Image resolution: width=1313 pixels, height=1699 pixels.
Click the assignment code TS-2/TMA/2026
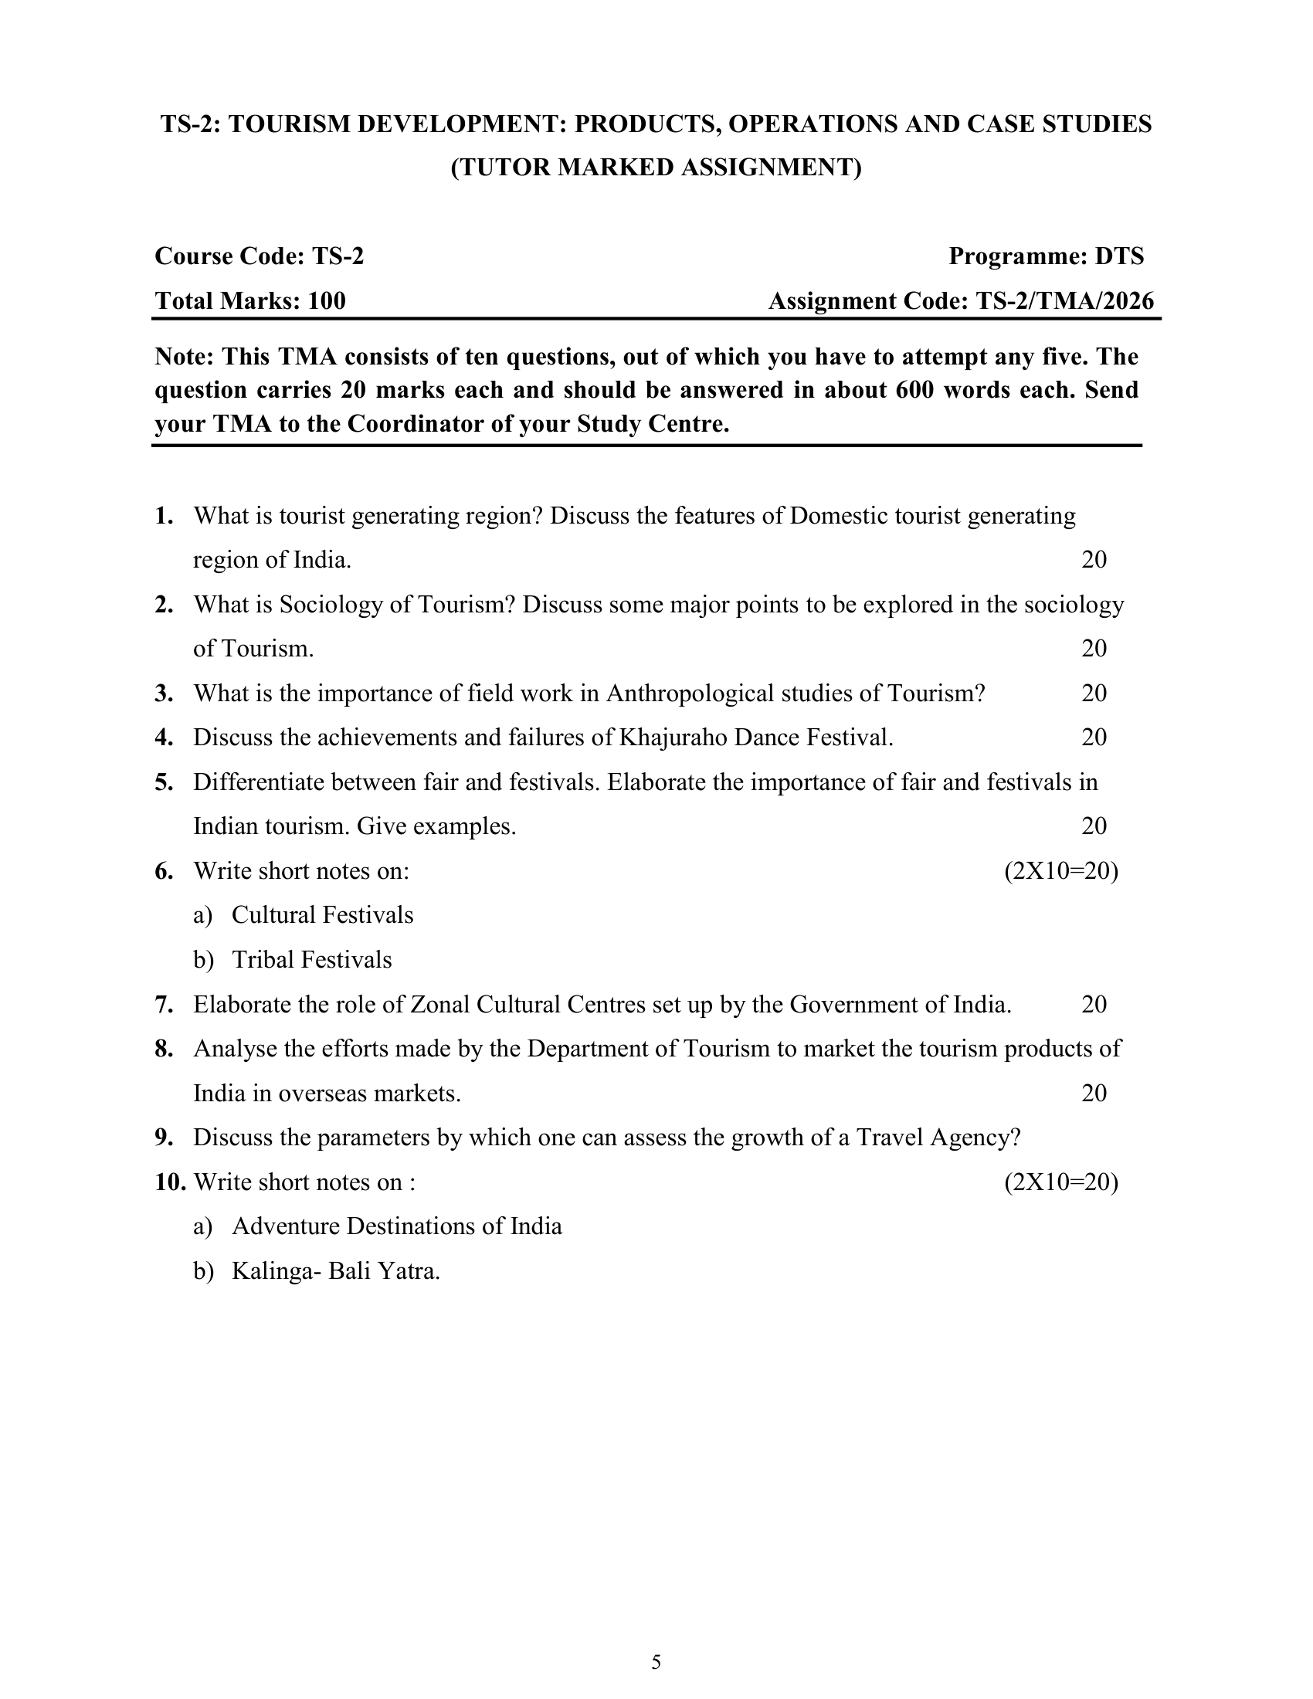point(1064,301)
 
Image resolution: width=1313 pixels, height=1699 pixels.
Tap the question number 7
point(164,1005)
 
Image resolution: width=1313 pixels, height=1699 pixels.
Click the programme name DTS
point(1119,256)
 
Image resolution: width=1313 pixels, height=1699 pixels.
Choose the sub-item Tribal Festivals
point(312,960)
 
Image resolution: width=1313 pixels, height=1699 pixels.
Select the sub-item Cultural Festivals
point(322,916)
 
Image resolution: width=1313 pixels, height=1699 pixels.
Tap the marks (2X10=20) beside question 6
point(1061,871)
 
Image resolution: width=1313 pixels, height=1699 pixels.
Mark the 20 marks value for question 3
point(1094,694)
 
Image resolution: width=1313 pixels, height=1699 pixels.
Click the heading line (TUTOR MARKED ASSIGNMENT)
point(656,168)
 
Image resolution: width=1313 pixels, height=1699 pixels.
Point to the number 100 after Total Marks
point(327,301)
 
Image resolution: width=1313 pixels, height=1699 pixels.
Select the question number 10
point(171,1182)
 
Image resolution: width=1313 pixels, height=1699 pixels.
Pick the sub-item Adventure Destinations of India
point(397,1227)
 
